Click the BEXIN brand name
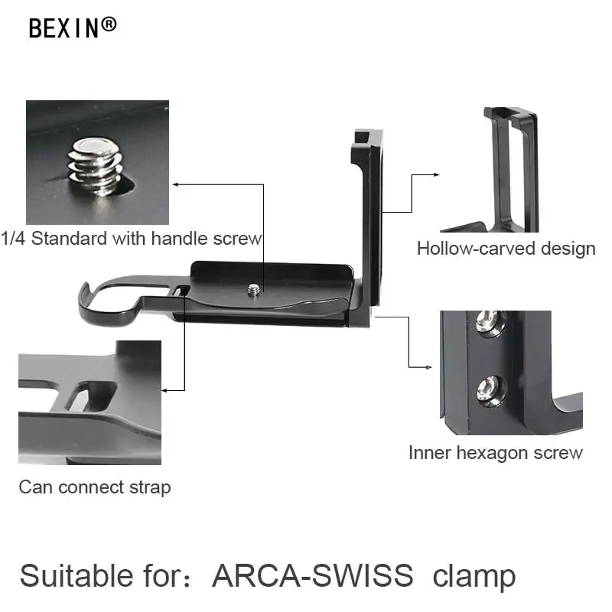pyautogui.click(x=64, y=28)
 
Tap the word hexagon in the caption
pyautogui.click(x=498, y=453)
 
